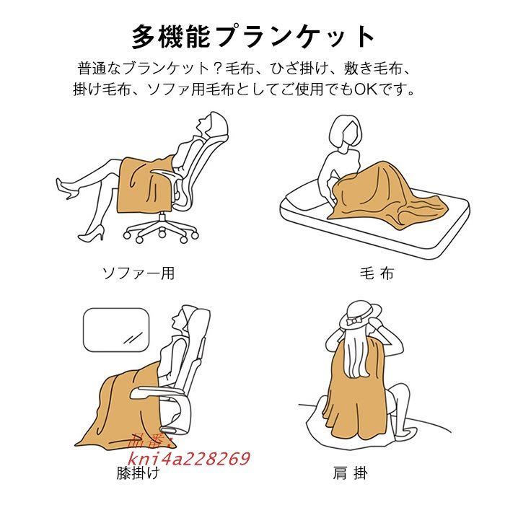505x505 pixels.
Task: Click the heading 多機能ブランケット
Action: click(x=253, y=35)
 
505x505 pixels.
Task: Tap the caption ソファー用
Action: click(x=138, y=273)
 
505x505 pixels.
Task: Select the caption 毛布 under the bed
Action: click(x=376, y=273)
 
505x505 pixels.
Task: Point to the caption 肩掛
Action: click(x=351, y=473)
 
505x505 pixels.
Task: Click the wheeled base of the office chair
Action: click(x=159, y=229)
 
